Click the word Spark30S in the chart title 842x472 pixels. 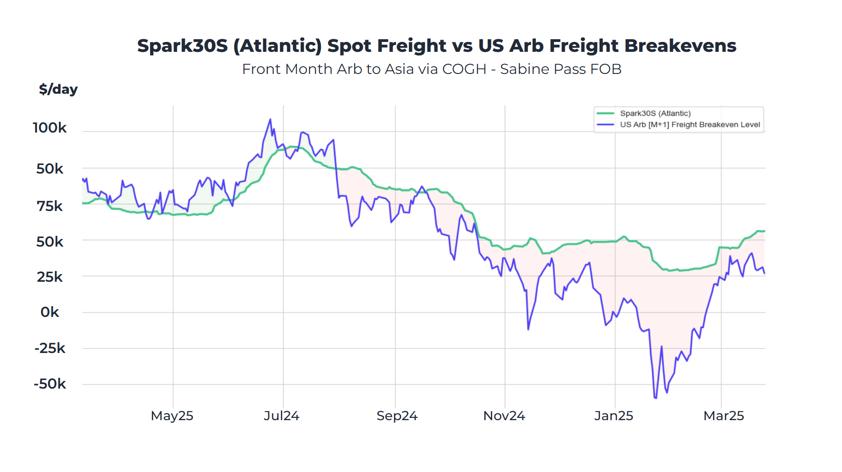[x=183, y=46]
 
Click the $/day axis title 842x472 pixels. [x=58, y=89]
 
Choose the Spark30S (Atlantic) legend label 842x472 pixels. [x=655, y=114]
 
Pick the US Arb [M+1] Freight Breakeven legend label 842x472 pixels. [x=690, y=125]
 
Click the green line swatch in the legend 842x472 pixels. [x=605, y=114]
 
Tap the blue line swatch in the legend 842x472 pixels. [x=605, y=125]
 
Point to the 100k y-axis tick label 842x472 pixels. [x=50, y=128]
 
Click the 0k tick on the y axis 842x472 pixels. [x=50, y=312]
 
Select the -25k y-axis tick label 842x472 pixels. [x=50, y=348]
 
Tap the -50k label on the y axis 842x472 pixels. [x=50, y=384]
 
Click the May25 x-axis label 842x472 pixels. [x=172, y=416]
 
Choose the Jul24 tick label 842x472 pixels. [x=282, y=416]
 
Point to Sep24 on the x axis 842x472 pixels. [x=397, y=416]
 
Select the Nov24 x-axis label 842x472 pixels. [x=504, y=416]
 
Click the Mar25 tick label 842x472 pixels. [x=723, y=416]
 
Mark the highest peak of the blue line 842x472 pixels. [x=270, y=119]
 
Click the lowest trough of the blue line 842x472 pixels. [x=655, y=398]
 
